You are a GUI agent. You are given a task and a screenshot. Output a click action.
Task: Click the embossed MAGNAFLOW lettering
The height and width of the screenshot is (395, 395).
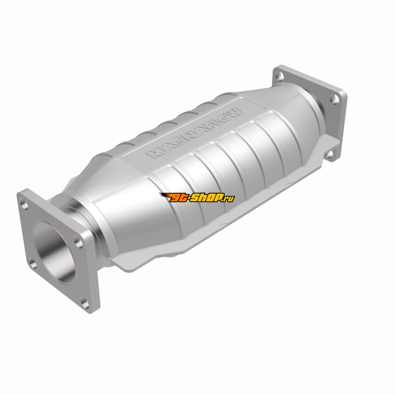click(195, 133)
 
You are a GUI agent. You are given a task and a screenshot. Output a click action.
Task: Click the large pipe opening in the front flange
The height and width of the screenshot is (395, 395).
click(55, 252)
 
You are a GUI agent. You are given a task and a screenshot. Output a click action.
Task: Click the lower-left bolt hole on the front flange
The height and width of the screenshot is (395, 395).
click(32, 263)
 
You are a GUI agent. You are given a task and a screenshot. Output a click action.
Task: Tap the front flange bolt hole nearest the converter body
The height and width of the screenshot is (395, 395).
click(78, 242)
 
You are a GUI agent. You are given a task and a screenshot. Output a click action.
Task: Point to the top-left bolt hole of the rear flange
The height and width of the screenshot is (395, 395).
click(279, 76)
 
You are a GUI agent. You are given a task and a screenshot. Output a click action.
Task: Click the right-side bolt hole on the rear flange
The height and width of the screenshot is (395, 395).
click(335, 100)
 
